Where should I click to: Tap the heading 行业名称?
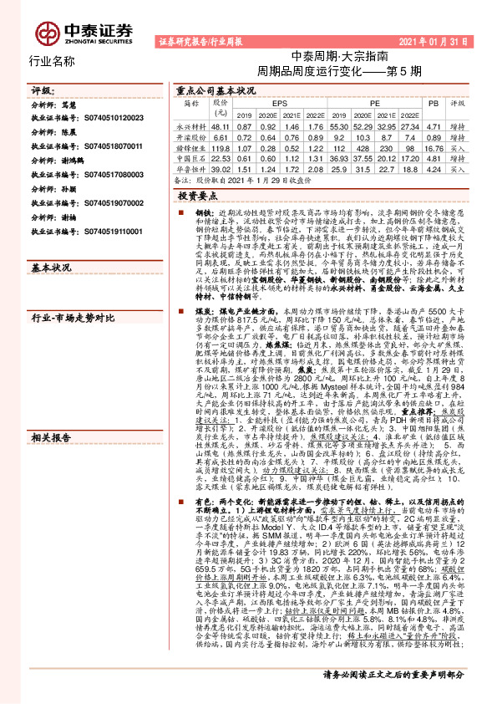[52, 61]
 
